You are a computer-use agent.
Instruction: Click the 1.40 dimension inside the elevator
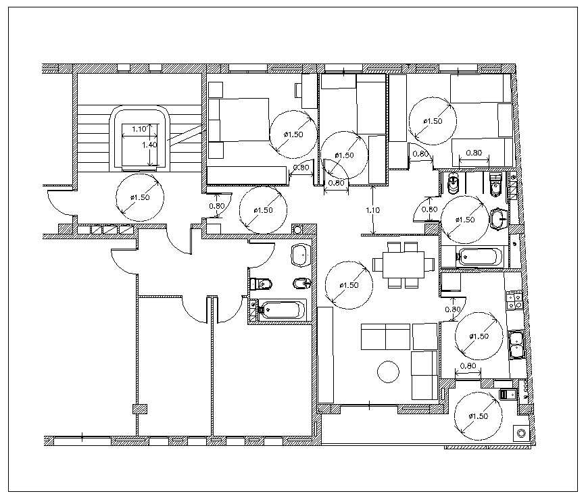point(149,145)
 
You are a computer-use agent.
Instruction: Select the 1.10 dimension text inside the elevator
point(139,128)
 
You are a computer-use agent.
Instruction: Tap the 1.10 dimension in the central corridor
point(372,210)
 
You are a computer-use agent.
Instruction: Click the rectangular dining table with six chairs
point(403,262)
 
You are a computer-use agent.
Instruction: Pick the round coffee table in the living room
point(388,372)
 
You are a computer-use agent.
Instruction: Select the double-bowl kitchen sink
point(517,343)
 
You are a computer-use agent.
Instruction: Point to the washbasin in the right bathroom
point(499,218)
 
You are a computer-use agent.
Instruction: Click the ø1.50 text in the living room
point(349,286)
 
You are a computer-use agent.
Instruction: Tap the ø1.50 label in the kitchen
point(479,336)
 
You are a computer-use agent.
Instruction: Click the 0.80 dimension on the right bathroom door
point(430,209)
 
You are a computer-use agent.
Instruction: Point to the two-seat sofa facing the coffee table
point(386,337)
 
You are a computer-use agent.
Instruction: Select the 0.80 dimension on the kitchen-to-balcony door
point(468,367)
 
